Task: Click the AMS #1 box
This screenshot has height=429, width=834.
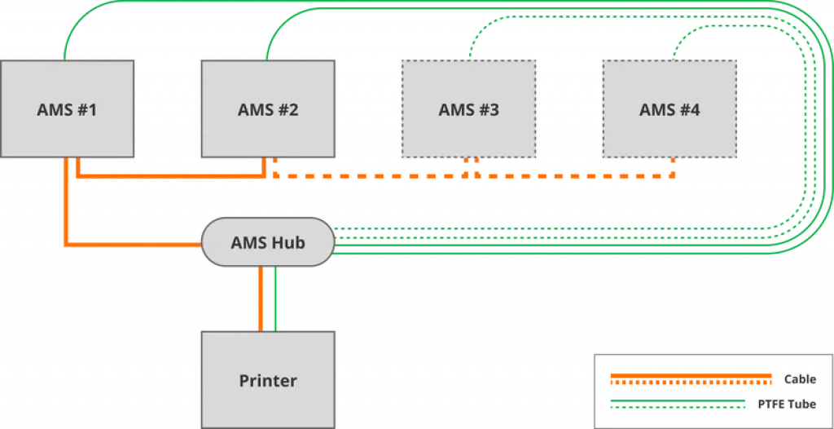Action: coord(67,108)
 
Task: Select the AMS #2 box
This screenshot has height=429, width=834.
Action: coord(268,108)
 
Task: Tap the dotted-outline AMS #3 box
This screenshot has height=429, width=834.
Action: coord(468,108)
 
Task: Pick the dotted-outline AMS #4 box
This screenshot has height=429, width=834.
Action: coord(669,108)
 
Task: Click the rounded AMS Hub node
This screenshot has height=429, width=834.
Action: coord(268,242)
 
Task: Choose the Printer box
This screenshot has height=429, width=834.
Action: coord(268,379)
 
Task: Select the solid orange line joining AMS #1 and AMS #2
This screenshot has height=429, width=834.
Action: coord(171,174)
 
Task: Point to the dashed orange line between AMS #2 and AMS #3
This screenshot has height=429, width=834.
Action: coord(367,174)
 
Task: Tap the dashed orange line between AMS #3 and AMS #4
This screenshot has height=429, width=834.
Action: coord(570,174)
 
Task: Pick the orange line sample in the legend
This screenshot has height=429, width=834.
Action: coord(689,379)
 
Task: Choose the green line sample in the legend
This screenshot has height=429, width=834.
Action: coord(676,404)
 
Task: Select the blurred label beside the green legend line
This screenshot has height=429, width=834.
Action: coord(787,404)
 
